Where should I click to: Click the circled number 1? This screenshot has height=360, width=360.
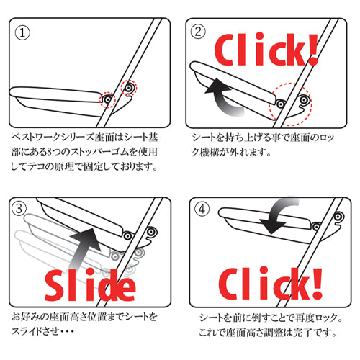pyautogui.click(x=22, y=32)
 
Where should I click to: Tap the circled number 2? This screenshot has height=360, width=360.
pyautogui.click(x=198, y=32)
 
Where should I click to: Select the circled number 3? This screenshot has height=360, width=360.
pyautogui.click(x=19, y=208)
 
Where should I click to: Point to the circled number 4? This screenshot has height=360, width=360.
pyautogui.click(x=202, y=209)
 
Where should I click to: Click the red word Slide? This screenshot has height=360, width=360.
pyautogui.click(x=90, y=285)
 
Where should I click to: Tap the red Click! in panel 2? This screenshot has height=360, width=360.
pyautogui.click(x=266, y=50)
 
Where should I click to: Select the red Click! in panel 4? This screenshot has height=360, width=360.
pyautogui.click(x=270, y=283)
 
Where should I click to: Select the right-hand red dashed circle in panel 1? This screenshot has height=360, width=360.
pyautogui.click(x=128, y=88)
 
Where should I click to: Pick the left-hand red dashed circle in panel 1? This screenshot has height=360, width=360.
pyautogui.click(x=108, y=99)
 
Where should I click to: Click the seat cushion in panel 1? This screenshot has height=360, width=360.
pyautogui.click(x=55, y=95)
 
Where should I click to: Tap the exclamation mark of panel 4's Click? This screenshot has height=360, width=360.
pyautogui.click(x=317, y=283)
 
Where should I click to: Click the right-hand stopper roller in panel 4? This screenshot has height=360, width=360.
pyautogui.click(x=338, y=217)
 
